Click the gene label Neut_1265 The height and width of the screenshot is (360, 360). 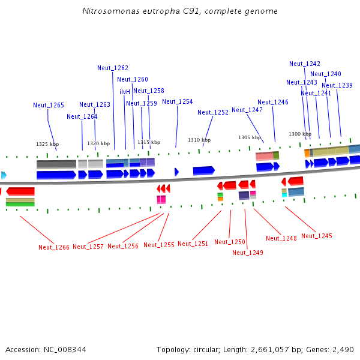point(49,105)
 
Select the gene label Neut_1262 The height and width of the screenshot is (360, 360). point(113,68)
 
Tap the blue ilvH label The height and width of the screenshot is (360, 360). point(125,92)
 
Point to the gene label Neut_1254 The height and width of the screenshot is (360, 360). point(178,101)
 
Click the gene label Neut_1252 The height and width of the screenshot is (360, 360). point(213,112)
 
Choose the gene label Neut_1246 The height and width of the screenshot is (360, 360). point(273,102)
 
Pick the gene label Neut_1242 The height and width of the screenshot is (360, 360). point(305,64)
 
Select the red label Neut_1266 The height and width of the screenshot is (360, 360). point(54,247)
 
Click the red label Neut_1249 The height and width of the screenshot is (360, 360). point(248,253)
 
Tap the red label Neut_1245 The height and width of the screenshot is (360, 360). point(317,236)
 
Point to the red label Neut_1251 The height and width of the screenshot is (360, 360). point(193,244)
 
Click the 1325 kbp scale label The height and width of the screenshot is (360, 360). point(47,144)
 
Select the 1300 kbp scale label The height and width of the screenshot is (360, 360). point(300,134)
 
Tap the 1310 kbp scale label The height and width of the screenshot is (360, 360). point(199,140)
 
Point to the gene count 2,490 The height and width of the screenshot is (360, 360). point(342,349)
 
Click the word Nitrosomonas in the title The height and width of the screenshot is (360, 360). point(107,11)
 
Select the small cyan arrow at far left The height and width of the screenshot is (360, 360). point(4,175)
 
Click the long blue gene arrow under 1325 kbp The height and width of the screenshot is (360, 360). point(56,175)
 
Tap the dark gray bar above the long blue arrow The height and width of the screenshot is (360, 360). point(56,164)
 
